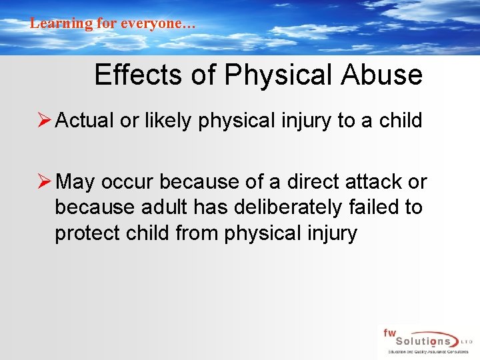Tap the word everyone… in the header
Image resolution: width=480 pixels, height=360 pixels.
tap(157, 23)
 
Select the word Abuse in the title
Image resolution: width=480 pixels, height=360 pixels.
tap(381, 75)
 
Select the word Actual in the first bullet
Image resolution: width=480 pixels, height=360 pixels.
tap(85, 121)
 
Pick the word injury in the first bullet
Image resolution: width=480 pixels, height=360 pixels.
tap(317, 121)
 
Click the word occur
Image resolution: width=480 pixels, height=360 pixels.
tap(128, 181)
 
